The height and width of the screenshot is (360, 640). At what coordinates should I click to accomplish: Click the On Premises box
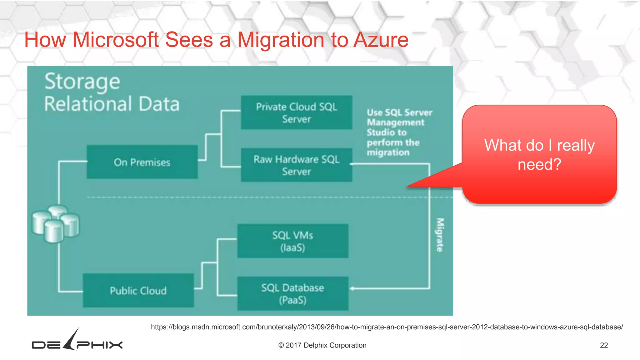tap(142, 162)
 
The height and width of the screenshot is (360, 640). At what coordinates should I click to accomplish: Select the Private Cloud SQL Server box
tap(296, 112)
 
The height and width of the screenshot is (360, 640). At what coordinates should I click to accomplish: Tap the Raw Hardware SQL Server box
tap(296, 165)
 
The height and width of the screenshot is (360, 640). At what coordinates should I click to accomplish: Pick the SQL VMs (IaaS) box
tap(292, 241)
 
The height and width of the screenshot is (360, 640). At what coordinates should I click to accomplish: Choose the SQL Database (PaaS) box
tap(292, 293)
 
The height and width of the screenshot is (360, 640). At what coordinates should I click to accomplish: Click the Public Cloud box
tap(138, 290)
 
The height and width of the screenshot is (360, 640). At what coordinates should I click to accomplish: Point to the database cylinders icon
tap(56, 224)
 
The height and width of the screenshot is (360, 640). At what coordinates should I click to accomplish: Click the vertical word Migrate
tap(440, 235)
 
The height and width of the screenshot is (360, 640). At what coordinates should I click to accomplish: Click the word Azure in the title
tap(381, 40)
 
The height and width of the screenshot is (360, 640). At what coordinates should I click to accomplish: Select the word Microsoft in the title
tap(116, 40)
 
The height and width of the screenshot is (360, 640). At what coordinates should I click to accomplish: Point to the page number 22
tap(604, 345)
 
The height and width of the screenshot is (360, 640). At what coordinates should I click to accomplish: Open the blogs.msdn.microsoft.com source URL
tap(387, 327)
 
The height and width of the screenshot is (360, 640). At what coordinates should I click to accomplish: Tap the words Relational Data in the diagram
tap(112, 104)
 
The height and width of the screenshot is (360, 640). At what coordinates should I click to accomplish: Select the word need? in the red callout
tap(539, 164)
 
